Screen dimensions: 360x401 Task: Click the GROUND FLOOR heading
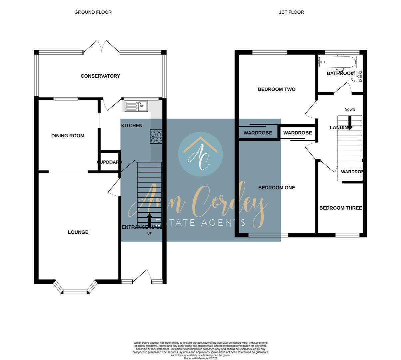pyautogui.click(x=93, y=12)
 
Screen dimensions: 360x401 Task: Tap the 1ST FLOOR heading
pyautogui.click(x=291, y=12)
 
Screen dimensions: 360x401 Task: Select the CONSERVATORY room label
pyautogui.click(x=100, y=76)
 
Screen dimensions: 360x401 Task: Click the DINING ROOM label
pyautogui.click(x=68, y=136)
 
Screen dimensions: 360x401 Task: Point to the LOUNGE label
pyautogui.click(x=78, y=232)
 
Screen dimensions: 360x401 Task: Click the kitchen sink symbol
pyautogui.click(x=136, y=106)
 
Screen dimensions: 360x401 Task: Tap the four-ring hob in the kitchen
pyautogui.click(x=156, y=136)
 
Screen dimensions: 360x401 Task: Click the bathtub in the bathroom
pyautogui.click(x=337, y=62)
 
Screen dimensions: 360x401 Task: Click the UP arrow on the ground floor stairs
pyautogui.click(x=150, y=220)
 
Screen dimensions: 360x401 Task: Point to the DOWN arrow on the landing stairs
pyautogui.click(x=350, y=122)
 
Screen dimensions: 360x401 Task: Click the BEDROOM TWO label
pyautogui.click(x=276, y=89)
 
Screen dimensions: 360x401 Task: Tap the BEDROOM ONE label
pyautogui.click(x=276, y=188)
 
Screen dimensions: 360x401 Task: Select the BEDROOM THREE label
pyautogui.click(x=340, y=208)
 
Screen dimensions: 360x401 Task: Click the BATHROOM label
pyautogui.click(x=340, y=73)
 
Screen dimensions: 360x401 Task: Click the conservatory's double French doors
pyautogui.click(x=101, y=47)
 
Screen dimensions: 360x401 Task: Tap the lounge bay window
pyautogui.click(x=75, y=289)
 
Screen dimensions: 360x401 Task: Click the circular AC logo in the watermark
pyautogui.click(x=200, y=154)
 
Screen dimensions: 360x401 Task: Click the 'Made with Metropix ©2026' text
pyautogui.click(x=200, y=358)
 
